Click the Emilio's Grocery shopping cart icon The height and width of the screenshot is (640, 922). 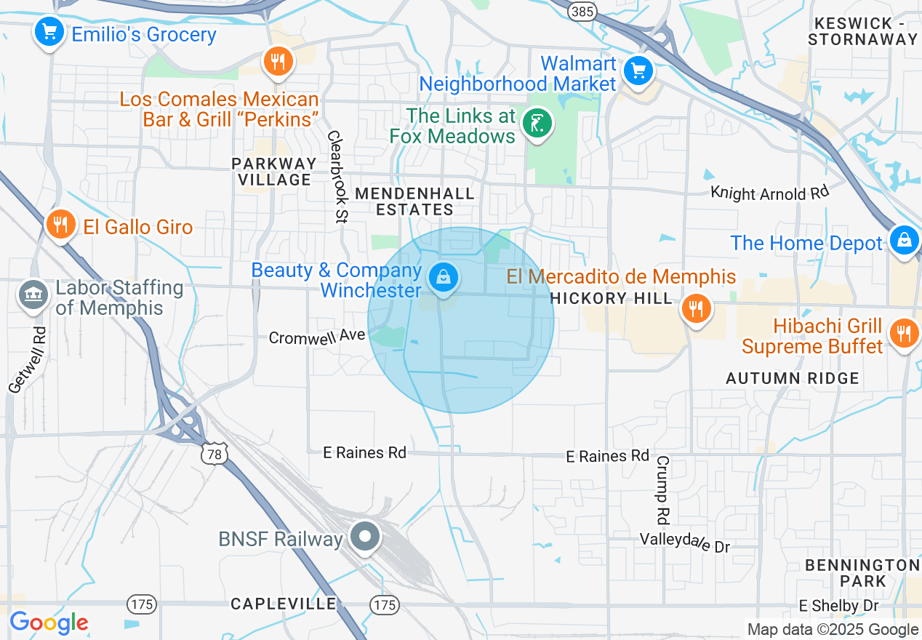(49, 32)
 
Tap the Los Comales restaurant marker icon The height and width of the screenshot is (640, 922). (277, 62)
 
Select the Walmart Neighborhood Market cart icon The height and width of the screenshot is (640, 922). (638, 71)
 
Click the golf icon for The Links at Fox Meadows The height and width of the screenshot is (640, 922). (538, 123)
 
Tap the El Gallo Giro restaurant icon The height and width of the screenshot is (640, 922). (61, 225)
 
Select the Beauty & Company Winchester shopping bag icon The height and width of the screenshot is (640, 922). (442, 277)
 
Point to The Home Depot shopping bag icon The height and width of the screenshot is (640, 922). (904, 239)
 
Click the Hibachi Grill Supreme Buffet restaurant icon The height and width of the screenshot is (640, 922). (904, 334)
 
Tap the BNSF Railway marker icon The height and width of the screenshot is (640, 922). (365, 537)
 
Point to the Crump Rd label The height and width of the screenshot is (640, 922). (662, 490)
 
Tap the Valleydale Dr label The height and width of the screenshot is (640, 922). (684, 542)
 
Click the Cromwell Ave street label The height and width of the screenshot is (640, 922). (316, 337)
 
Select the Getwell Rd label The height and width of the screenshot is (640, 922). (28, 359)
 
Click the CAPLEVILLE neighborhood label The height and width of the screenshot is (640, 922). (284, 604)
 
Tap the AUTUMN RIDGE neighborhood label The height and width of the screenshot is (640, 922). (793, 378)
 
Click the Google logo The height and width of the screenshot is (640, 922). (49, 623)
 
